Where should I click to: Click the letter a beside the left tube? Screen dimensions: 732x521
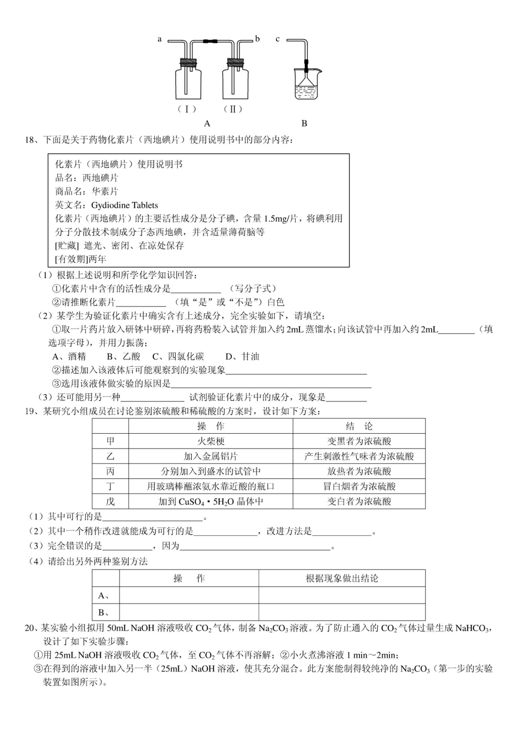point(159,39)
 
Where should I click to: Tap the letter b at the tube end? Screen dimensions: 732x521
point(257,39)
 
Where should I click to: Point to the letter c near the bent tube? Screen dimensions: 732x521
point(277,39)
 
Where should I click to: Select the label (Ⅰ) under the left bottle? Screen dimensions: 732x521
point(187,109)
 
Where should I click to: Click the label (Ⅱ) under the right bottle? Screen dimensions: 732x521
point(233,109)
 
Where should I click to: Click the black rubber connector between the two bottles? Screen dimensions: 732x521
point(210,41)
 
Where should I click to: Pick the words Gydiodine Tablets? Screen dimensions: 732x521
point(125,205)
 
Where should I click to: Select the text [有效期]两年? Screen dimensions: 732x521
point(81,259)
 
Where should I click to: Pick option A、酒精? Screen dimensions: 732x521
point(69,357)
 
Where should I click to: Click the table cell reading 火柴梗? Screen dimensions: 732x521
point(211,441)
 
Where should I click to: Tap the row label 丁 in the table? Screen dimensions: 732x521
point(110,487)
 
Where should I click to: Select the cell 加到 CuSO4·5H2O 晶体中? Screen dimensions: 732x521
point(211,502)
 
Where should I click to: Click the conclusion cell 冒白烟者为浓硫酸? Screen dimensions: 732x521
point(359,487)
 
